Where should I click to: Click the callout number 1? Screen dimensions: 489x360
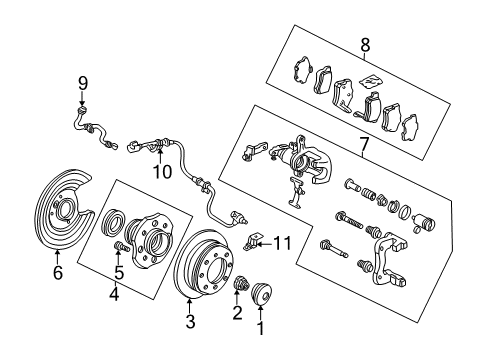(x=261, y=328)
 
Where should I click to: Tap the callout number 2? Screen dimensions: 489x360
(x=237, y=313)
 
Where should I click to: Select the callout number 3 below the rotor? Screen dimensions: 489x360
(x=190, y=321)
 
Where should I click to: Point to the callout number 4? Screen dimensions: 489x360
(x=114, y=294)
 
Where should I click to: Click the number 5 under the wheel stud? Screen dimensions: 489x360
(x=119, y=272)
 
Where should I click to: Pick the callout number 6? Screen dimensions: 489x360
(x=58, y=272)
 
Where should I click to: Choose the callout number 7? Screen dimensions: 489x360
(x=364, y=144)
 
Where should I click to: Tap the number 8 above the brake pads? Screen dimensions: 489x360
(x=365, y=45)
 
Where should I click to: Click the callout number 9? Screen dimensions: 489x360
(x=83, y=83)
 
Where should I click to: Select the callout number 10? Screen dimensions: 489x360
(x=162, y=172)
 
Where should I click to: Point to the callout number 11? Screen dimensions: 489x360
(x=282, y=243)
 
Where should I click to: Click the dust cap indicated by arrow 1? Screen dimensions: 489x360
(x=261, y=293)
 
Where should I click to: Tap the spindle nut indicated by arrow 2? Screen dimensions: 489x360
(x=242, y=284)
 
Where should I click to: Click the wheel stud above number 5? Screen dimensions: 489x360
(x=121, y=247)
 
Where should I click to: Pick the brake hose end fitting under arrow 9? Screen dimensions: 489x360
(x=82, y=110)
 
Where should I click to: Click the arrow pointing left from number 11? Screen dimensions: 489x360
(x=265, y=244)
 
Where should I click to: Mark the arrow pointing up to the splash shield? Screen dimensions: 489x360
(x=57, y=257)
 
